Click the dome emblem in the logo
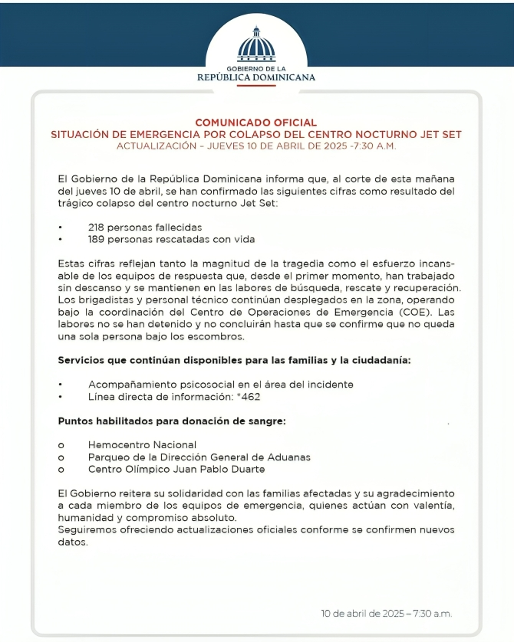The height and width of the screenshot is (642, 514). (x=256, y=45)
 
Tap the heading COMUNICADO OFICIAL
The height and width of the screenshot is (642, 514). (x=256, y=123)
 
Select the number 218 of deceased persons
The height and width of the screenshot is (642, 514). (x=97, y=228)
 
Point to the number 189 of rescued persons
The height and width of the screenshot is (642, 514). (x=97, y=239)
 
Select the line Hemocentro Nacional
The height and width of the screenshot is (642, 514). (x=142, y=444)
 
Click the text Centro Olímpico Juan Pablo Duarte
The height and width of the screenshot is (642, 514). (x=176, y=469)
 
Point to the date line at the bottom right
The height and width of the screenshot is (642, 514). (x=387, y=614)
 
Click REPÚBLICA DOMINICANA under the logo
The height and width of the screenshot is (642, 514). (x=256, y=77)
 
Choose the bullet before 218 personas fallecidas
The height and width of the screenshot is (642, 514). (x=61, y=228)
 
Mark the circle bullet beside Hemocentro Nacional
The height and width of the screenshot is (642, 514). (x=61, y=445)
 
